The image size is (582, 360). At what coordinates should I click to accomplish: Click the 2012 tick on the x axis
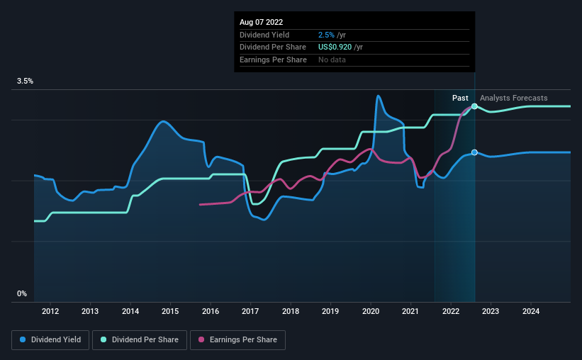click(x=50, y=311)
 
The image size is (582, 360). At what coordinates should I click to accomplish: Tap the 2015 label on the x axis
click(x=170, y=311)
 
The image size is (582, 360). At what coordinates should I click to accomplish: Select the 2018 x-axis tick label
click(x=290, y=311)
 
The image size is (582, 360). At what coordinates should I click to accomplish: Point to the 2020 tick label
click(x=371, y=311)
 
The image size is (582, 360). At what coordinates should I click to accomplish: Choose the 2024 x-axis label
click(x=531, y=311)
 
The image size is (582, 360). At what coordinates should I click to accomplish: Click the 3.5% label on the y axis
click(x=26, y=81)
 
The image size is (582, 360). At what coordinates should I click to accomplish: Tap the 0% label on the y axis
click(x=22, y=294)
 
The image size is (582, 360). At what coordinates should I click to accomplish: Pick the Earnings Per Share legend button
click(x=237, y=340)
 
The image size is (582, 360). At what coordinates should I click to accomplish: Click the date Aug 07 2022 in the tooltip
click(x=262, y=23)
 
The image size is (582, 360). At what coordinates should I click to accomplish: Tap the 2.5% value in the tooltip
click(x=327, y=35)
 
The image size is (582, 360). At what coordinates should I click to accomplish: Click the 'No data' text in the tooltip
click(x=332, y=60)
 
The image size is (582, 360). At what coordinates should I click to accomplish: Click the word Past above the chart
click(x=460, y=98)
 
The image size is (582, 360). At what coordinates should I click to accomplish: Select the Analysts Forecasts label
click(x=513, y=98)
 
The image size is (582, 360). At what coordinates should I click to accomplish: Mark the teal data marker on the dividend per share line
click(x=474, y=106)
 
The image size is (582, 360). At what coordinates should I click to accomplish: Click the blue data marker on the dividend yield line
click(x=474, y=152)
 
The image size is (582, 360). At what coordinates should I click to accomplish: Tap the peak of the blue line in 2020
click(x=379, y=96)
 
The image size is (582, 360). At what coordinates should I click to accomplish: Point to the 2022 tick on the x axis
click(x=451, y=311)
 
